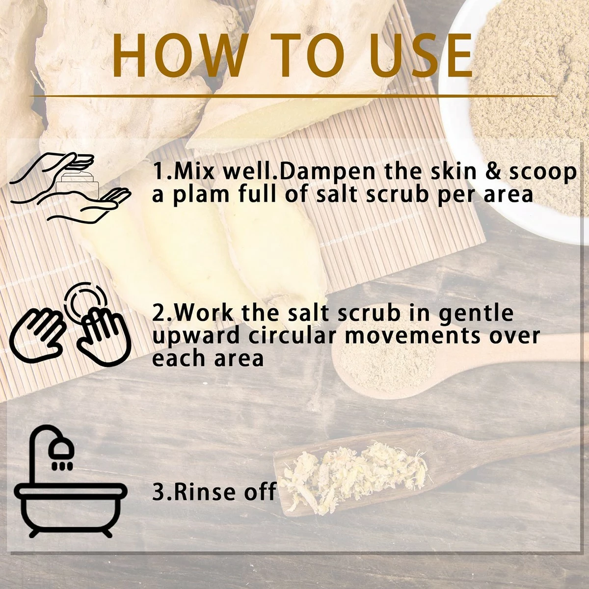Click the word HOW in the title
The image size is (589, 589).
(179, 54)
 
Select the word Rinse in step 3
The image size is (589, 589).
(202, 491)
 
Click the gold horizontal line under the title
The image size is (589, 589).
(293, 96)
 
